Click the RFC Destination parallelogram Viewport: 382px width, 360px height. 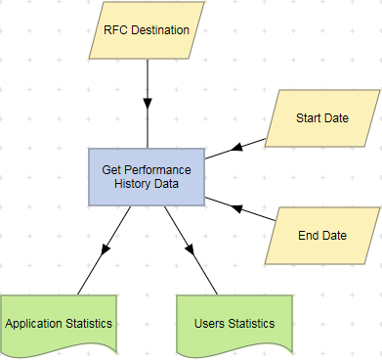pyautogui.click(x=147, y=29)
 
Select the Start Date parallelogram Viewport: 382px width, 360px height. pyautogui.click(x=321, y=118)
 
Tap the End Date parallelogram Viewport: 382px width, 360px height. pyautogui.click(x=321, y=236)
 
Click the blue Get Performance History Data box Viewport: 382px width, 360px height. pyautogui.click(x=147, y=177)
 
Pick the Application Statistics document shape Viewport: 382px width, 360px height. pyautogui.click(x=59, y=322)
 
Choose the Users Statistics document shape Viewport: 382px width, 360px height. pyautogui.click(x=234, y=322)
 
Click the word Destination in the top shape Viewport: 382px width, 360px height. pyautogui.click(x=161, y=29)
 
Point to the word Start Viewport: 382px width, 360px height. pyautogui.click(x=309, y=118)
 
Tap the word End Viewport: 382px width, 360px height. pyautogui.click(x=310, y=236)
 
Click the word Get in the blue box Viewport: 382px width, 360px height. pyautogui.click(x=112, y=169)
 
